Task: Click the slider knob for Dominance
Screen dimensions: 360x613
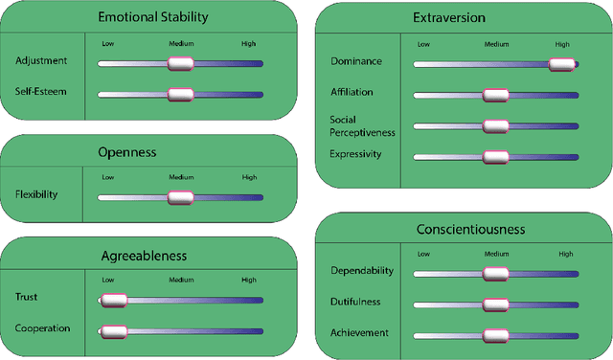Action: click(x=561, y=64)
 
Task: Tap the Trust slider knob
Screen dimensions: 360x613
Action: click(x=114, y=300)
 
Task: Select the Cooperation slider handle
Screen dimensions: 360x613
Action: click(x=114, y=331)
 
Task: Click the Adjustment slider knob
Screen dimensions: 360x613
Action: click(x=180, y=63)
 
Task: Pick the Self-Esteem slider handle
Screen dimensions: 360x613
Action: click(x=180, y=94)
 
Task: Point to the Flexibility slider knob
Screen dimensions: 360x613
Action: click(x=180, y=197)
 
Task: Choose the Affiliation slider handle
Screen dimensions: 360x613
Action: click(x=495, y=95)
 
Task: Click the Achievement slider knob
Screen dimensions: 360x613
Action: click(x=495, y=335)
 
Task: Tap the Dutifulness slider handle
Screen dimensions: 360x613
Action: click(x=495, y=304)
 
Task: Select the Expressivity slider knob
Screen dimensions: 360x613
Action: click(x=495, y=156)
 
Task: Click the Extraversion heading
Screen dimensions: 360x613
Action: click(x=464, y=18)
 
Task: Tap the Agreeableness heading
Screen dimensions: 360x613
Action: click(x=144, y=256)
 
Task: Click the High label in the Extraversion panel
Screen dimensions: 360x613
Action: click(x=562, y=44)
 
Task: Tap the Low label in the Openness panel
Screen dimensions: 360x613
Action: click(x=107, y=177)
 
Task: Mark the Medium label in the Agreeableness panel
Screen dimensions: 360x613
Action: click(x=181, y=280)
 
